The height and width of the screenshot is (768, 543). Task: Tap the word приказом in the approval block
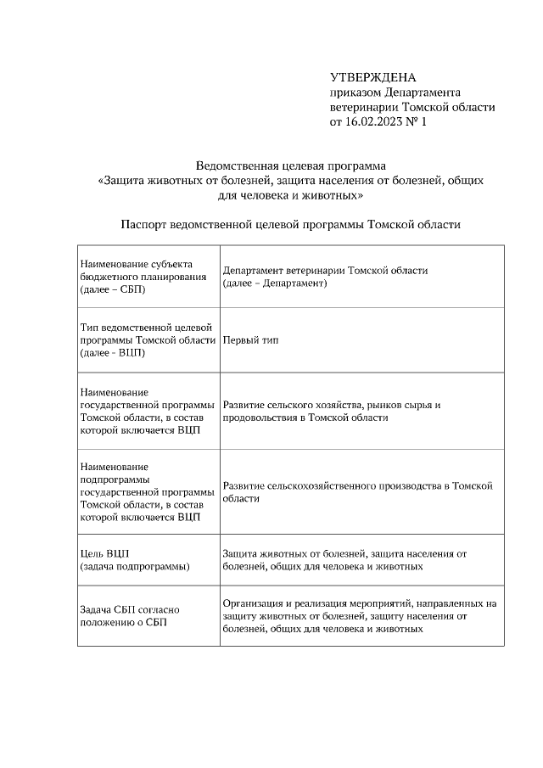355,92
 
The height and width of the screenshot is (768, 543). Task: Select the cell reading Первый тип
250,340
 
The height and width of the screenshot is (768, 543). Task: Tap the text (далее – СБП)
113,290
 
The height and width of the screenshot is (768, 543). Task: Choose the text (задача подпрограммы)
134,566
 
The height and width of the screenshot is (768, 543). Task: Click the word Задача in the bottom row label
96,609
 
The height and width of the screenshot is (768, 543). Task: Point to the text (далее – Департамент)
275,283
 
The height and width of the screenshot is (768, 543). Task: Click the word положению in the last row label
107,622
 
